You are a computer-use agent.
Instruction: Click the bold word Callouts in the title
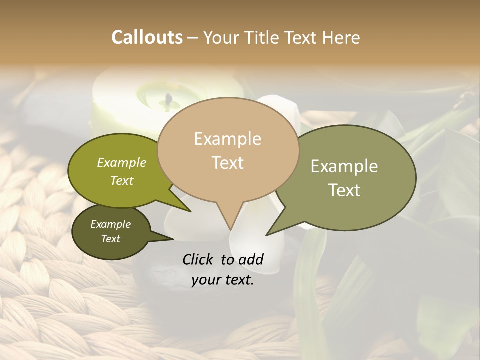(147, 37)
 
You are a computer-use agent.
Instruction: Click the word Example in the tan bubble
(227, 139)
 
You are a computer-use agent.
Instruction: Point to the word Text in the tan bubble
(227, 162)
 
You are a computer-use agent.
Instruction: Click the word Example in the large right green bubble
(344, 166)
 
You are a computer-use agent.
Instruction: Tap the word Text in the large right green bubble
(344, 190)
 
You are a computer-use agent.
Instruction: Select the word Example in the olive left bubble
(122, 162)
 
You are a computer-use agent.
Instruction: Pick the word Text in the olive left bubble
(122, 180)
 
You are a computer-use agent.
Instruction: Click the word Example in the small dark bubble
(111, 224)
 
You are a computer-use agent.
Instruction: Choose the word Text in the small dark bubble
(111, 239)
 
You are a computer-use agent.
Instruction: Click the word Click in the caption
(198, 259)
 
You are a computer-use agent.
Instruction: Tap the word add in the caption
(251, 259)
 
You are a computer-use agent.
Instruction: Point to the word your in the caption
(205, 280)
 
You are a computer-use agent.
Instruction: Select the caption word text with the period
(238, 280)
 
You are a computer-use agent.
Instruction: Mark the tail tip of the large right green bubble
(266, 235)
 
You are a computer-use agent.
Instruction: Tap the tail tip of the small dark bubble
(173, 239)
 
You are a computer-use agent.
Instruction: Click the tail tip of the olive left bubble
(191, 212)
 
